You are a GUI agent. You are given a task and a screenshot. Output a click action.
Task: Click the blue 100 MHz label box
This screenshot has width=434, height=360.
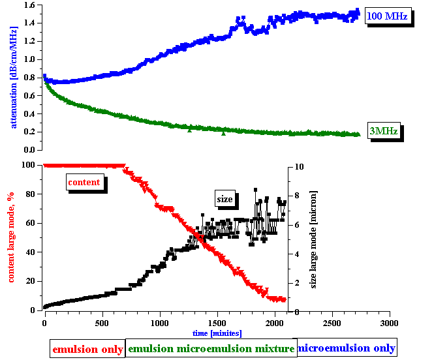[387, 16]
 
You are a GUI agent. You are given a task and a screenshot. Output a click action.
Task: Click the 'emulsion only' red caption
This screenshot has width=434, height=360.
[87, 349]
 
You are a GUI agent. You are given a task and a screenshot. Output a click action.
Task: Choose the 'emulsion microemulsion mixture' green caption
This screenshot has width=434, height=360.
[211, 349]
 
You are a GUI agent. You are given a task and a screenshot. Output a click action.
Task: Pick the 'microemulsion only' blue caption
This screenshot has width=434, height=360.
[346, 348]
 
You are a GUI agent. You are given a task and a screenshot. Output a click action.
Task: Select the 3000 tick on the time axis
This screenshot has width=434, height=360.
[390, 323]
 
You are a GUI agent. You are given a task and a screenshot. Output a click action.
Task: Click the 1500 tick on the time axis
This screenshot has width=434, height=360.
[217, 323]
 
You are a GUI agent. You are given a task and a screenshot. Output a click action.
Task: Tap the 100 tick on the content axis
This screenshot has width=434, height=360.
[29, 164]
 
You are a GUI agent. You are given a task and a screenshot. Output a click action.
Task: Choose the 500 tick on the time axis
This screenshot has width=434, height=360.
[101, 323]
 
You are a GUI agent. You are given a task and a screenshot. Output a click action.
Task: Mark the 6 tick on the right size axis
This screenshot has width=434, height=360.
[296, 224]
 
